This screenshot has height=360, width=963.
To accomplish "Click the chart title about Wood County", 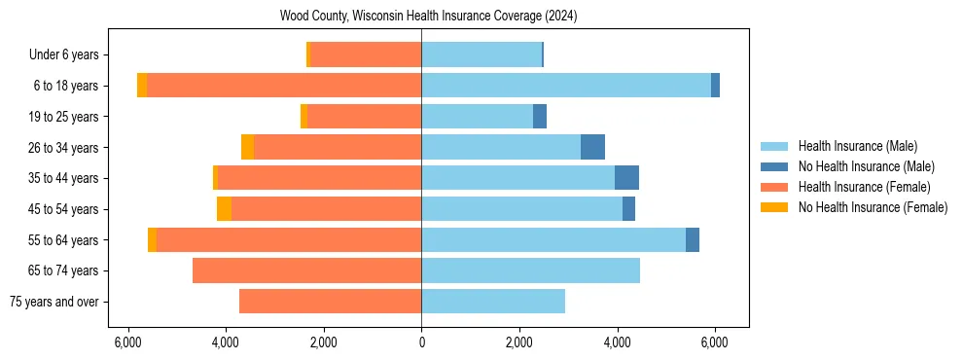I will pos(428,16).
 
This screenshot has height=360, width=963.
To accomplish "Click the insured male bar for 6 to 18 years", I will pos(566,86).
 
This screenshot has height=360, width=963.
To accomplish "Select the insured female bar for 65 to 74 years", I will pos(306,270).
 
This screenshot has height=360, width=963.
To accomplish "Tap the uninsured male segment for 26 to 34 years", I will pos(592,147).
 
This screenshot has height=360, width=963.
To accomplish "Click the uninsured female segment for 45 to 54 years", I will pos(224,209).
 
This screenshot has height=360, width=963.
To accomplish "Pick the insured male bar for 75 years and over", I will pos(493,302).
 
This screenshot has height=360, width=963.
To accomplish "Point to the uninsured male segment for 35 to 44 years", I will pos(626,178).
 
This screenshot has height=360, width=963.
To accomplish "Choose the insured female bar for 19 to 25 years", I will pos(364,117).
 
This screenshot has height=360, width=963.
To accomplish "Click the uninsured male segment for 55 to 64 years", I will pos(693,239).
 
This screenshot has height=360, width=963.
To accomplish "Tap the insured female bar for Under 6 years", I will pos(365,55).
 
